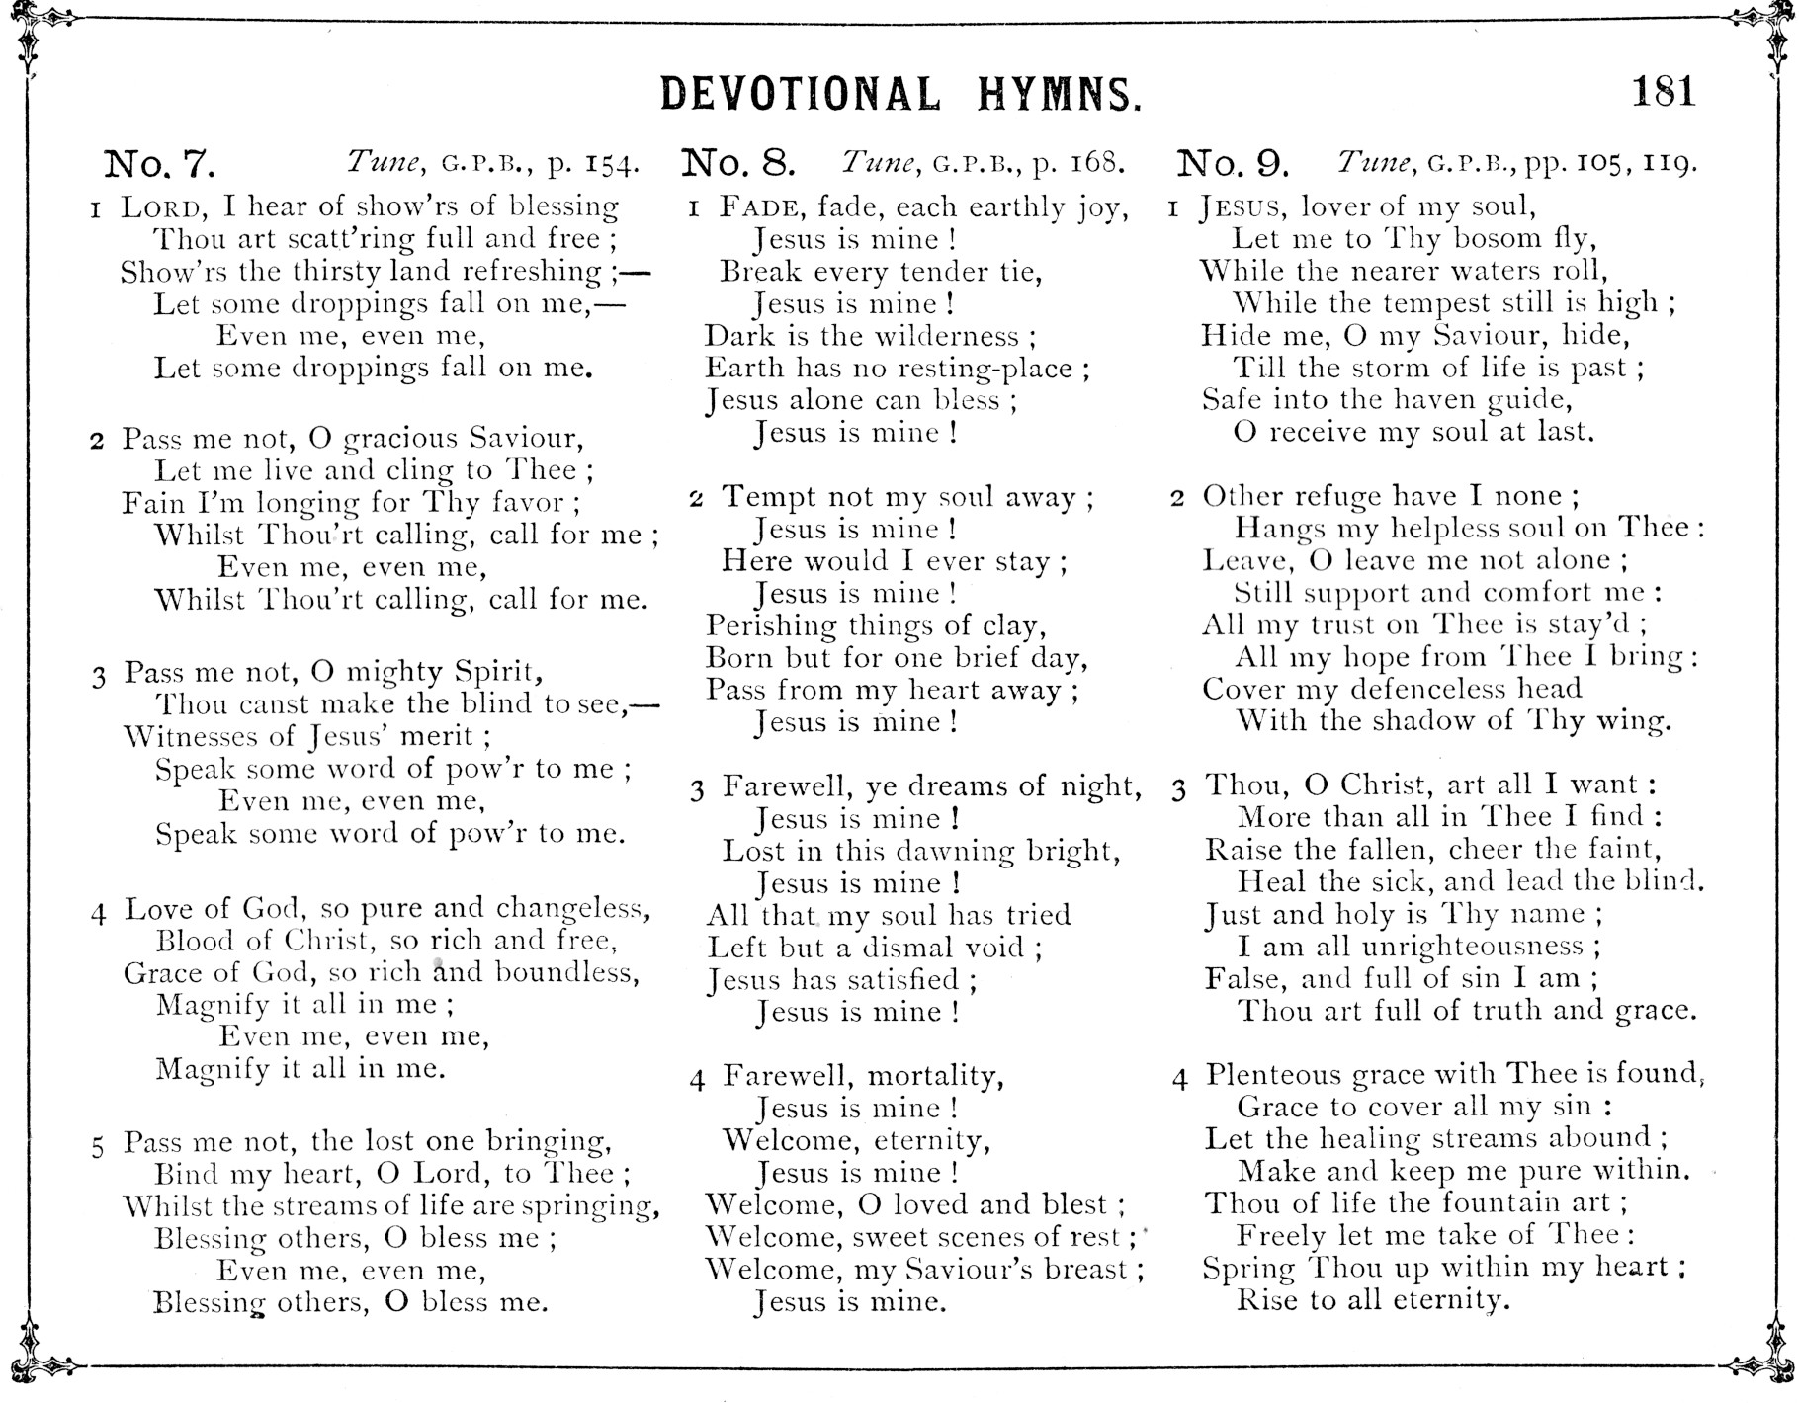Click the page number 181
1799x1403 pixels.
1664,92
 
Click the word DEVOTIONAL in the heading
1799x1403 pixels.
800,95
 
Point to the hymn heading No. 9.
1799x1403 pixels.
1234,162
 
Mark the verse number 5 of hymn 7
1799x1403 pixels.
97,1147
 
